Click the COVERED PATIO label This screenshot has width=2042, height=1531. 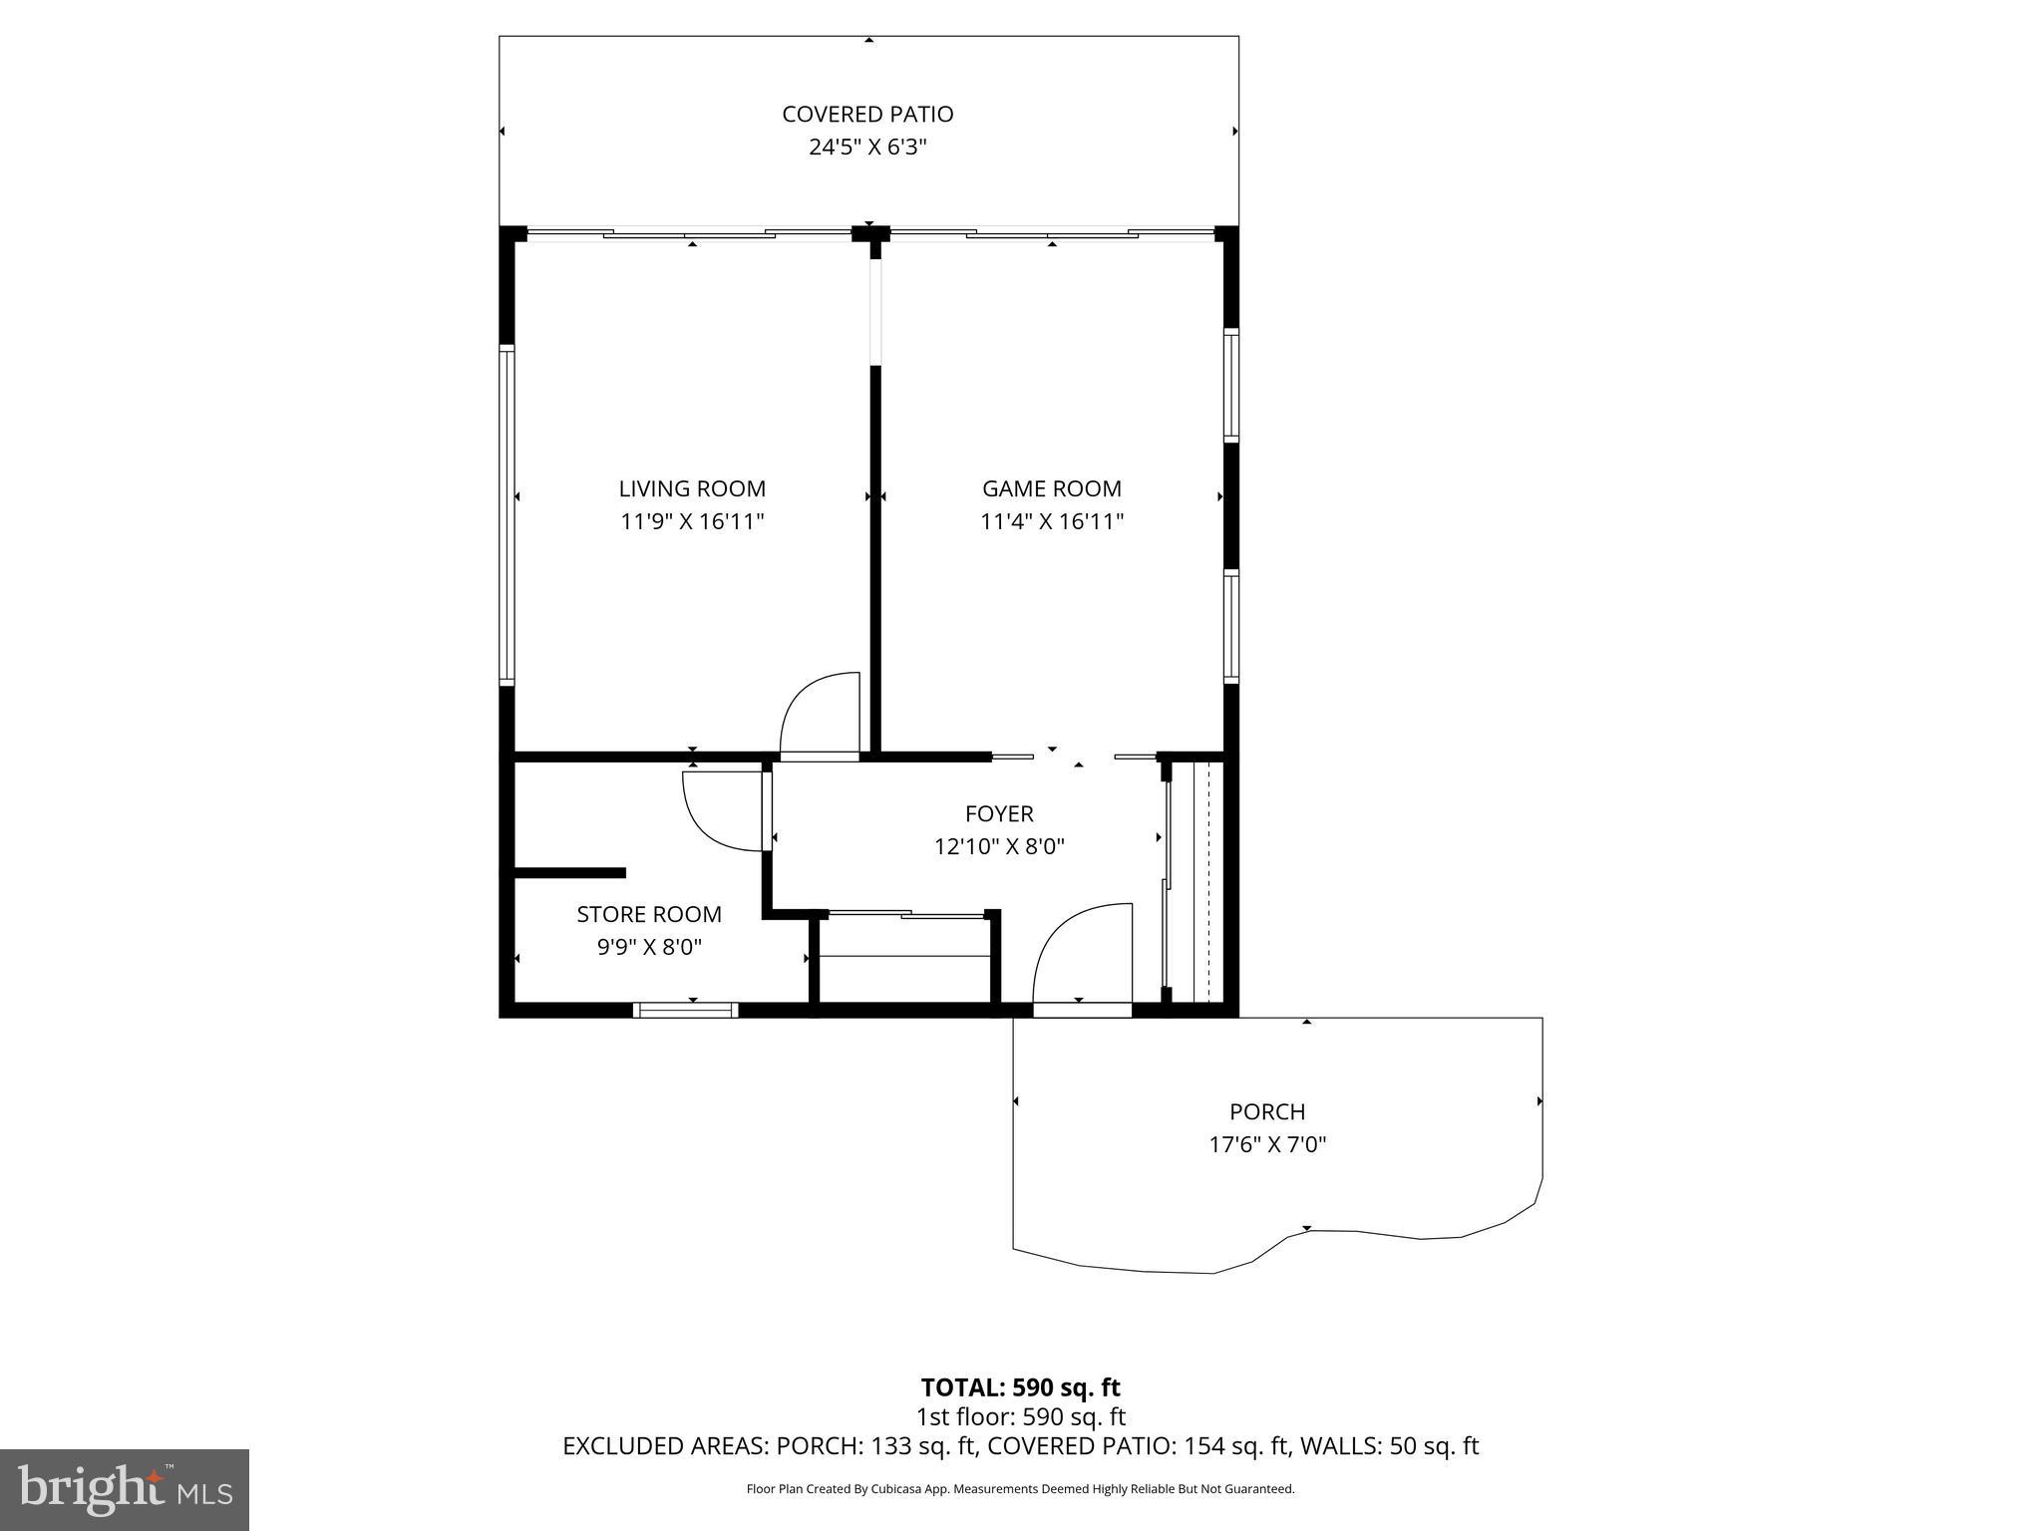(867, 114)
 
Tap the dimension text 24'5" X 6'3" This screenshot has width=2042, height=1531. (867, 148)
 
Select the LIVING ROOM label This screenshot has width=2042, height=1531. (692, 488)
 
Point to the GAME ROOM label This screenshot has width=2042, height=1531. (1052, 488)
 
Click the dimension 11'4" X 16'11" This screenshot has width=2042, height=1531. (1052, 521)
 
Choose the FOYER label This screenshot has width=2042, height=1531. (999, 813)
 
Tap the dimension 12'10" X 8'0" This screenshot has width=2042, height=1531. (999, 847)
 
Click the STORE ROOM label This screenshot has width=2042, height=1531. (649, 914)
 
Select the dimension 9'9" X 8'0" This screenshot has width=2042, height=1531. (649, 947)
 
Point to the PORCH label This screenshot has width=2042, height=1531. (1267, 1111)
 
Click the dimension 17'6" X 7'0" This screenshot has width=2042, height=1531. (1267, 1144)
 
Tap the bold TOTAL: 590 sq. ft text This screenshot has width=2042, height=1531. (1020, 1387)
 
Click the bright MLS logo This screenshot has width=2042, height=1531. (125, 1490)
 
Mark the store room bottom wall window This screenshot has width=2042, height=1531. (686, 1010)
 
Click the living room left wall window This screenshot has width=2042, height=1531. (507, 514)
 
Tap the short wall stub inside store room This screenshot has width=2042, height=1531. (569, 873)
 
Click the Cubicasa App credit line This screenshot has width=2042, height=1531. (1020, 1489)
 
